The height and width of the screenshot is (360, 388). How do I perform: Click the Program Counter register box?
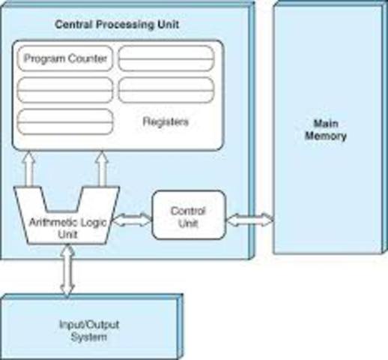(x=64, y=58)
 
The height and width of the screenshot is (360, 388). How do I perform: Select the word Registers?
(x=165, y=121)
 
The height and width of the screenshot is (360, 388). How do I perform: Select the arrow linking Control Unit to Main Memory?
(x=249, y=220)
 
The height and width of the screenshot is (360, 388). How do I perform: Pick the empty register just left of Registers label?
(x=64, y=121)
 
